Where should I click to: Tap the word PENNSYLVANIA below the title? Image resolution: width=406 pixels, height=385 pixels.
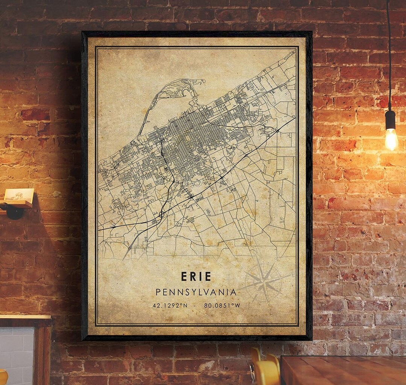196,292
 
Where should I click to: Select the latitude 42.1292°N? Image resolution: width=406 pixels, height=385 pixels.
170,305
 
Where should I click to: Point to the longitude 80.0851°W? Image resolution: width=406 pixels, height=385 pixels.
222,305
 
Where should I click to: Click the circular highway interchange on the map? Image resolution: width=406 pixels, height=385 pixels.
162,214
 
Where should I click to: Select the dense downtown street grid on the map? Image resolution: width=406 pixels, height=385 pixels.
188,135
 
